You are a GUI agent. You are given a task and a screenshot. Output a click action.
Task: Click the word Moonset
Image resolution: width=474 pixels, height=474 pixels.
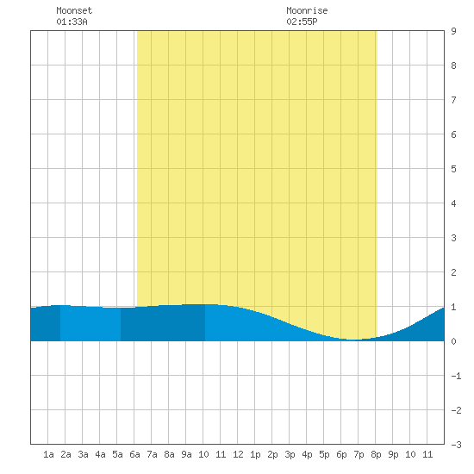74,10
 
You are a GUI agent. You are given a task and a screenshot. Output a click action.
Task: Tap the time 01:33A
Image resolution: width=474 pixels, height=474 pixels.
72,22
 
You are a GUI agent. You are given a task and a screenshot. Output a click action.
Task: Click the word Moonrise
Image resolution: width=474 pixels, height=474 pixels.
307,10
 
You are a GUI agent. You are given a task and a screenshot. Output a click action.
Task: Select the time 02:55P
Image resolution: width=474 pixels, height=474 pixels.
302,22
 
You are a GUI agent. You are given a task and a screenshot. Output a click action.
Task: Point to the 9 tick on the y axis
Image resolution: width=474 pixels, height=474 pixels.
453,31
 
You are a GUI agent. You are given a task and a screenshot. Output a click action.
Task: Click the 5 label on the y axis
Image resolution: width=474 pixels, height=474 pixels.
453,169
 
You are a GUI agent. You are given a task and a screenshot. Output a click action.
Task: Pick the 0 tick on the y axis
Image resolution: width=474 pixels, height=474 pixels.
453,341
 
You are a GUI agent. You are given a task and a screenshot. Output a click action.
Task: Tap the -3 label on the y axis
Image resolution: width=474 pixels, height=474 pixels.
456,445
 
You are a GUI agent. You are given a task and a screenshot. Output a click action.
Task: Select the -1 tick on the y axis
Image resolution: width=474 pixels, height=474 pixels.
456,376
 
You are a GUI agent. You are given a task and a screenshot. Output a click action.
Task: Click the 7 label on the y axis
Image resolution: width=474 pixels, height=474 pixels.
453,100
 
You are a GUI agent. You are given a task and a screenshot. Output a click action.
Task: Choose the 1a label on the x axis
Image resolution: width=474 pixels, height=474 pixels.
48,454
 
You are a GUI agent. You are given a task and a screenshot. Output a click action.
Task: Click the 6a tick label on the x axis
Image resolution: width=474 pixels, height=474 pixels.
134,454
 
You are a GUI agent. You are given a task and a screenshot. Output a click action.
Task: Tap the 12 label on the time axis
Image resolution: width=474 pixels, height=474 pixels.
238,454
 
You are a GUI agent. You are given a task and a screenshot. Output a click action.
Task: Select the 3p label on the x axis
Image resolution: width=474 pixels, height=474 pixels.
290,454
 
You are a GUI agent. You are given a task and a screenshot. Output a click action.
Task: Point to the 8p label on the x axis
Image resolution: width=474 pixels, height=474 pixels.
376,454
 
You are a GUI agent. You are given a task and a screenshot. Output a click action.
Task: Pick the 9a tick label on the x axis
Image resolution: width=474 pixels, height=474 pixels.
186,454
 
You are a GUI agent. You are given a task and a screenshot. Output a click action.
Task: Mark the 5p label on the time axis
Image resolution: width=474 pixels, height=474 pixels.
324,454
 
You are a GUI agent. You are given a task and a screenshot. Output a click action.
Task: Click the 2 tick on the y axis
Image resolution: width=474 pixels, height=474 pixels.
453,272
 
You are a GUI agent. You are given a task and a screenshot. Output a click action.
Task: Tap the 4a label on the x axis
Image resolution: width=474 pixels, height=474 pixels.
100,454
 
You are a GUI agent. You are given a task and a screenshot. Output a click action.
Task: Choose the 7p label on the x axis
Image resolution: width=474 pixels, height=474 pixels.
359,454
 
